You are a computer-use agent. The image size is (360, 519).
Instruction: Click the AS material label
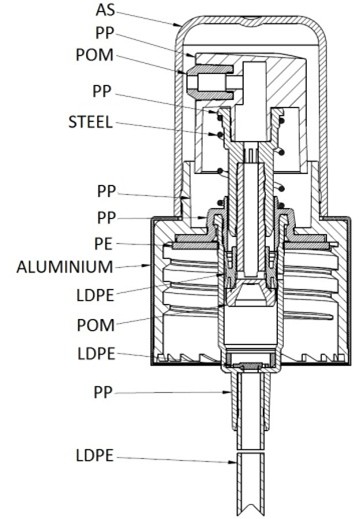pyautogui.click(x=105, y=10)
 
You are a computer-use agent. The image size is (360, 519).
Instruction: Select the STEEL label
pyautogui.click(x=90, y=122)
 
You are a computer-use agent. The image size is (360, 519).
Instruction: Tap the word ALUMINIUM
pyautogui.click(x=65, y=267)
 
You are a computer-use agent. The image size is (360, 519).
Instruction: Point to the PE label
pyautogui.click(x=104, y=244)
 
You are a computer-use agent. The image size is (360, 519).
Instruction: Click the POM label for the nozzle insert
pyautogui.click(x=95, y=55)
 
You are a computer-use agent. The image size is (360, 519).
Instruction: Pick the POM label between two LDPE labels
pyautogui.click(x=96, y=325)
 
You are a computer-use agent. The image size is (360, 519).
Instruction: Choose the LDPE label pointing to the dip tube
pyautogui.click(x=95, y=455)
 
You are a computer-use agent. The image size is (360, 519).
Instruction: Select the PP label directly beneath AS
pyautogui.click(x=105, y=33)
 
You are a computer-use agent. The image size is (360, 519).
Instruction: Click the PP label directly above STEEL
pyautogui.click(x=102, y=91)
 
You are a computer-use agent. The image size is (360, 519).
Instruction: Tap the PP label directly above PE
pyautogui.click(x=107, y=218)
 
